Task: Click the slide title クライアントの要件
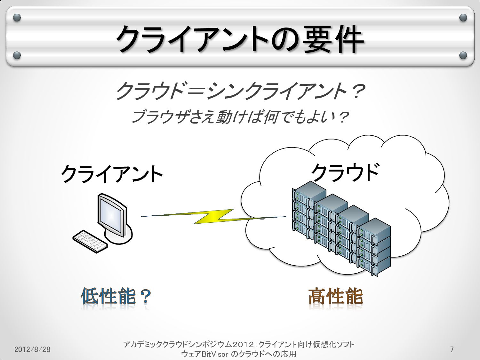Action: (x=240, y=39)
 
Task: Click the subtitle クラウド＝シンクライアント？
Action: (x=240, y=91)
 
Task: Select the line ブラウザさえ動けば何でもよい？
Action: (x=239, y=117)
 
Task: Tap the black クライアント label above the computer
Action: (x=112, y=174)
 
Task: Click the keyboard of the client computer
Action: (x=90, y=241)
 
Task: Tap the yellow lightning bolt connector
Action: (x=213, y=217)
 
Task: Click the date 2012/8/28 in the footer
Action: (x=32, y=349)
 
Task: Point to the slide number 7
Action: (x=452, y=349)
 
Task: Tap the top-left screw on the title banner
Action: (x=17, y=18)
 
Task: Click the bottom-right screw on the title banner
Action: (x=463, y=55)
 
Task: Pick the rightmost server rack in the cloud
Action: (x=374, y=246)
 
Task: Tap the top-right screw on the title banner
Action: (x=463, y=18)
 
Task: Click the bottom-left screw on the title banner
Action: (x=17, y=55)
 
